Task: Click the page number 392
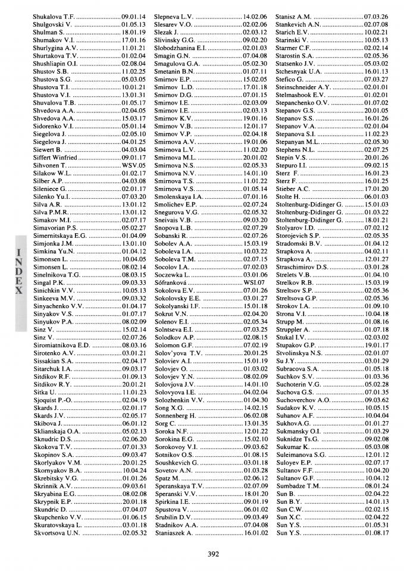pyautogui.click(x=214, y=554)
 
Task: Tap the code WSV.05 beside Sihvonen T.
pyautogui.click(x=134, y=165)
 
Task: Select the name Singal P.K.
pyautogui.click(x=49, y=283)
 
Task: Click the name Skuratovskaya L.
pyautogui.click(x=58, y=525)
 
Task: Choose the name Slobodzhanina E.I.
pyautogui.click(x=179, y=48)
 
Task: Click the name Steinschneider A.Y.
pyautogui.click(x=304, y=87)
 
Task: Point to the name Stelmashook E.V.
pyautogui.click(x=300, y=95)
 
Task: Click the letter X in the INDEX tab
pyautogui.click(x=19, y=291)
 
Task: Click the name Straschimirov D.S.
pyautogui.click(x=302, y=267)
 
